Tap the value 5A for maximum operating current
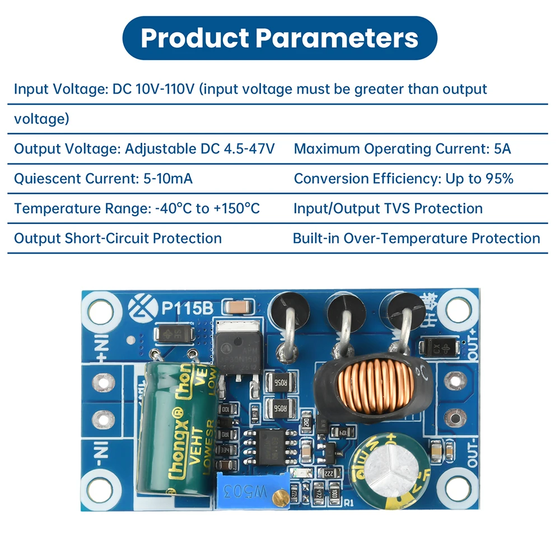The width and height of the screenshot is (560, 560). coord(502,149)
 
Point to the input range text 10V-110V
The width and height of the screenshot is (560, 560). coord(165,89)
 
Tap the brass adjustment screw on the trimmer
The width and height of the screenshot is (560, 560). coord(278,496)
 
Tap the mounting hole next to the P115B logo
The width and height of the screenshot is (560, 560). coord(101,310)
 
